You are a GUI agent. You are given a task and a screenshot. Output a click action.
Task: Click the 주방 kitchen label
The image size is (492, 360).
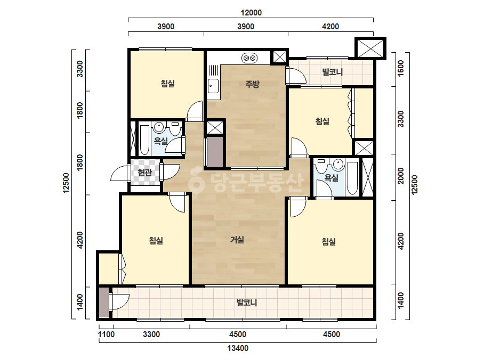pyautogui.click(x=252, y=84)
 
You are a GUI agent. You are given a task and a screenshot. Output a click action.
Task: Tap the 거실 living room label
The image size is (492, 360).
pyautogui.click(x=237, y=240)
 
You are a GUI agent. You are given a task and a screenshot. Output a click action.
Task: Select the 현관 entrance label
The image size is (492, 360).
pyautogui.click(x=144, y=172)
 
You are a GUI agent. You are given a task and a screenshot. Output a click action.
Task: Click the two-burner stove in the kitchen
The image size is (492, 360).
pyautogui.click(x=249, y=58)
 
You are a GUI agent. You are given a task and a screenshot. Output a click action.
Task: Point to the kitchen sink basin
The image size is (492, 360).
pyautogui.click(x=213, y=86)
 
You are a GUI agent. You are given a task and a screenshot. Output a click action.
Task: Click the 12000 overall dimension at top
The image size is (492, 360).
pyautogui.click(x=251, y=13)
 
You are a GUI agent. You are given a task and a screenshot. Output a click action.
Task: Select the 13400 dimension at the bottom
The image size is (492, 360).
pyautogui.click(x=238, y=348)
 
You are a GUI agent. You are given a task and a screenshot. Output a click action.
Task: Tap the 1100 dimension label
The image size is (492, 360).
pyautogui.click(x=106, y=334)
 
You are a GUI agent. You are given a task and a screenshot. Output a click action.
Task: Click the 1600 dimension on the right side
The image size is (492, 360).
pyautogui.click(x=401, y=68)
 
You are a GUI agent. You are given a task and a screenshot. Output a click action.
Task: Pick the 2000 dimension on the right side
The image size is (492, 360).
pyautogui.click(x=401, y=176)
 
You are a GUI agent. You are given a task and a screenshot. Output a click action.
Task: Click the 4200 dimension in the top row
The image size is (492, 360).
pyautogui.click(x=330, y=26)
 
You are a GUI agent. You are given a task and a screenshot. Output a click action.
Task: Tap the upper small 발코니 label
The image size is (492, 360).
pyautogui.click(x=332, y=72)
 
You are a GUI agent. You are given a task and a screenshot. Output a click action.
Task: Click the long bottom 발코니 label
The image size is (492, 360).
pyautogui.click(x=247, y=302)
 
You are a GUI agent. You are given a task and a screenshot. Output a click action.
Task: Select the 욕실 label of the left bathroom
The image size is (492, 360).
pyautogui.click(x=160, y=141)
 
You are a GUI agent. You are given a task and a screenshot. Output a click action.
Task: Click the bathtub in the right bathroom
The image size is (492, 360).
pyautogui.click(x=353, y=177)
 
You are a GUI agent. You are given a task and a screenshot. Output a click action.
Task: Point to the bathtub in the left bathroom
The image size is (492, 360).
pyautogui.click(x=144, y=140)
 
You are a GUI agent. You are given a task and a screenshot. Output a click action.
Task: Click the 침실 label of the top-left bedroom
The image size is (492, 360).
pyautogui.click(x=167, y=84)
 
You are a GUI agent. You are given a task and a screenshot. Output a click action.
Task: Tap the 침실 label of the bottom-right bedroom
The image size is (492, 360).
pyautogui.click(x=328, y=241)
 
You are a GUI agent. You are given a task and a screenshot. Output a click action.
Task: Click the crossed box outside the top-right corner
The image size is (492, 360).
pyautogui.click(x=370, y=48)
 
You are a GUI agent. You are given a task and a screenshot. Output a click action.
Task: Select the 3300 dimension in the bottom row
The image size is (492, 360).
pyautogui.click(x=151, y=334)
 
